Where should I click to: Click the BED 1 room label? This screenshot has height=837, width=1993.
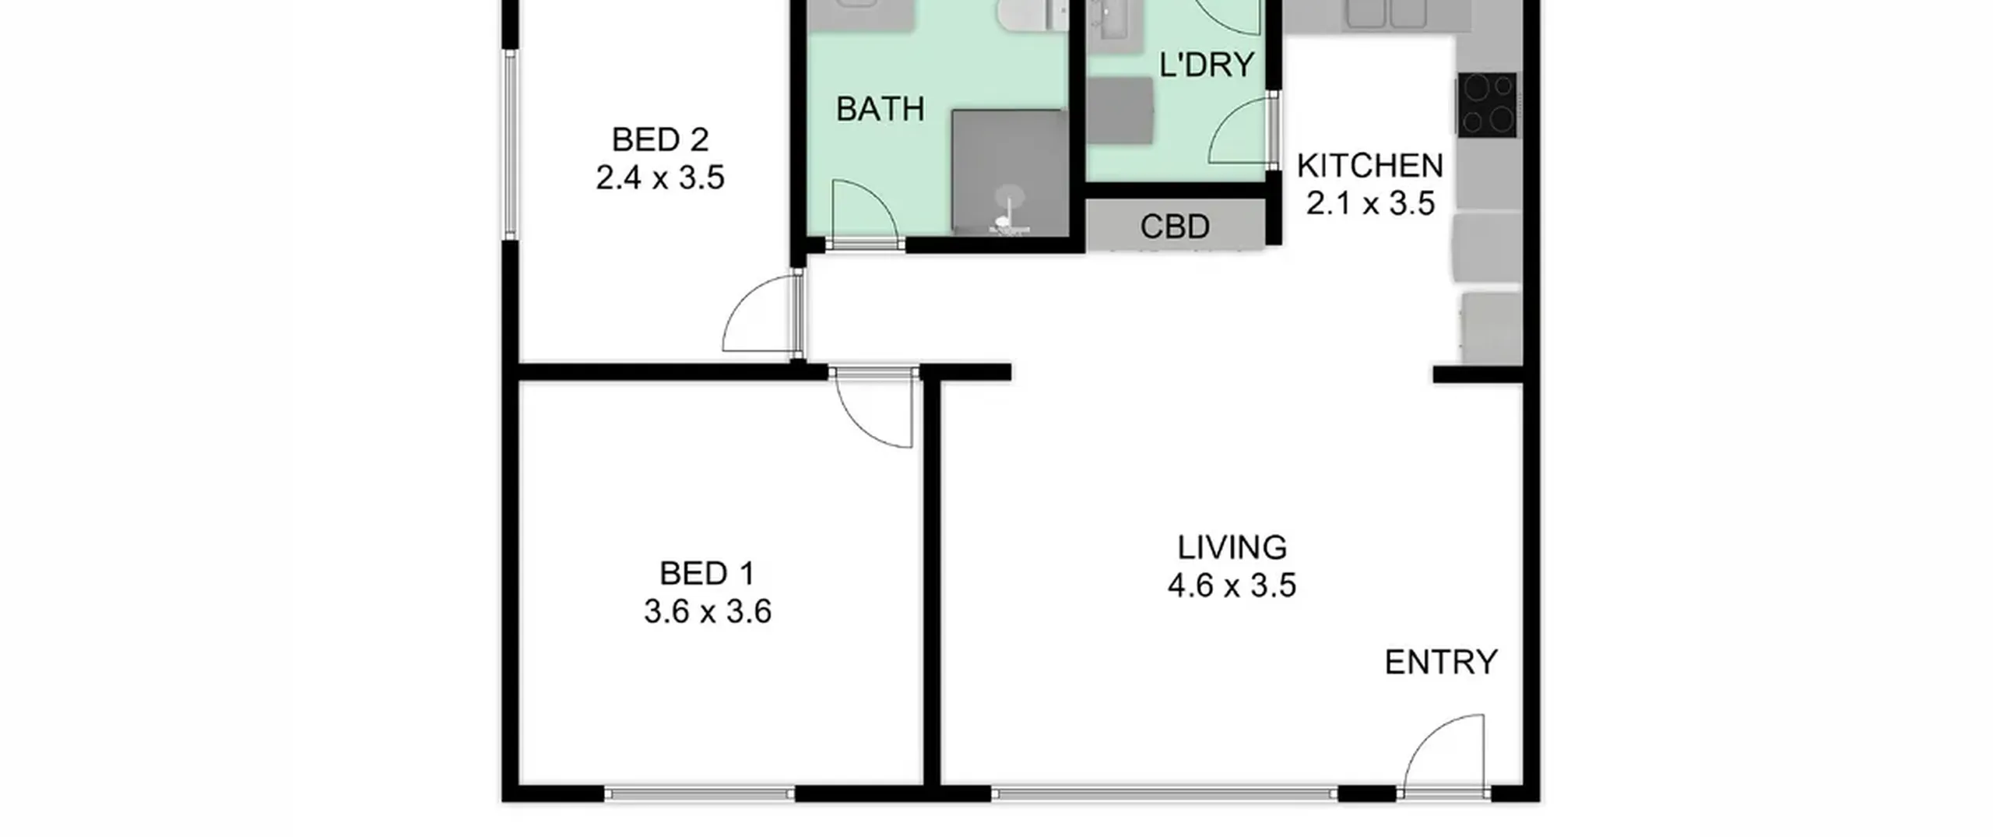[x=707, y=574]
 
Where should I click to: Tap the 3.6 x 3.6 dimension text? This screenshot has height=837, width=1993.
[x=707, y=611]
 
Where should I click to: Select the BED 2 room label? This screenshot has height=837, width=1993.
[x=660, y=140]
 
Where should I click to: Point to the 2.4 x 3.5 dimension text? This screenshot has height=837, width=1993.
[x=660, y=178]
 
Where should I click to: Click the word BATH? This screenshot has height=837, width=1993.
[x=880, y=109]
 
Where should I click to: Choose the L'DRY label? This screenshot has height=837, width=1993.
[x=1207, y=65]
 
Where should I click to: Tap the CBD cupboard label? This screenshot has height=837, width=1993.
[x=1175, y=227]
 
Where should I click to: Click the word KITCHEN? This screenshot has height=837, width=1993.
[x=1370, y=166]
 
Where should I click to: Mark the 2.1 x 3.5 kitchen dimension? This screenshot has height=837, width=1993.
[x=1370, y=203]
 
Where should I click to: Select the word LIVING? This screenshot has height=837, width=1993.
[x=1232, y=547]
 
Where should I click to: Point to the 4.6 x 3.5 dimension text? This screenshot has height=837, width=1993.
[x=1232, y=585]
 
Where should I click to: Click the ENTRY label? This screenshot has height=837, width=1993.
[x=1441, y=663]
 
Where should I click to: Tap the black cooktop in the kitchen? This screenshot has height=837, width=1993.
[x=1487, y=105]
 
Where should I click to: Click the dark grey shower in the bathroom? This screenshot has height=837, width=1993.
[x=1010, y=172]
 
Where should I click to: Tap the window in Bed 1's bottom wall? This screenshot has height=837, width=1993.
[x=699, y=794]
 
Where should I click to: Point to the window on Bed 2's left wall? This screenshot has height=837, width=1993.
[x=510, y=145]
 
